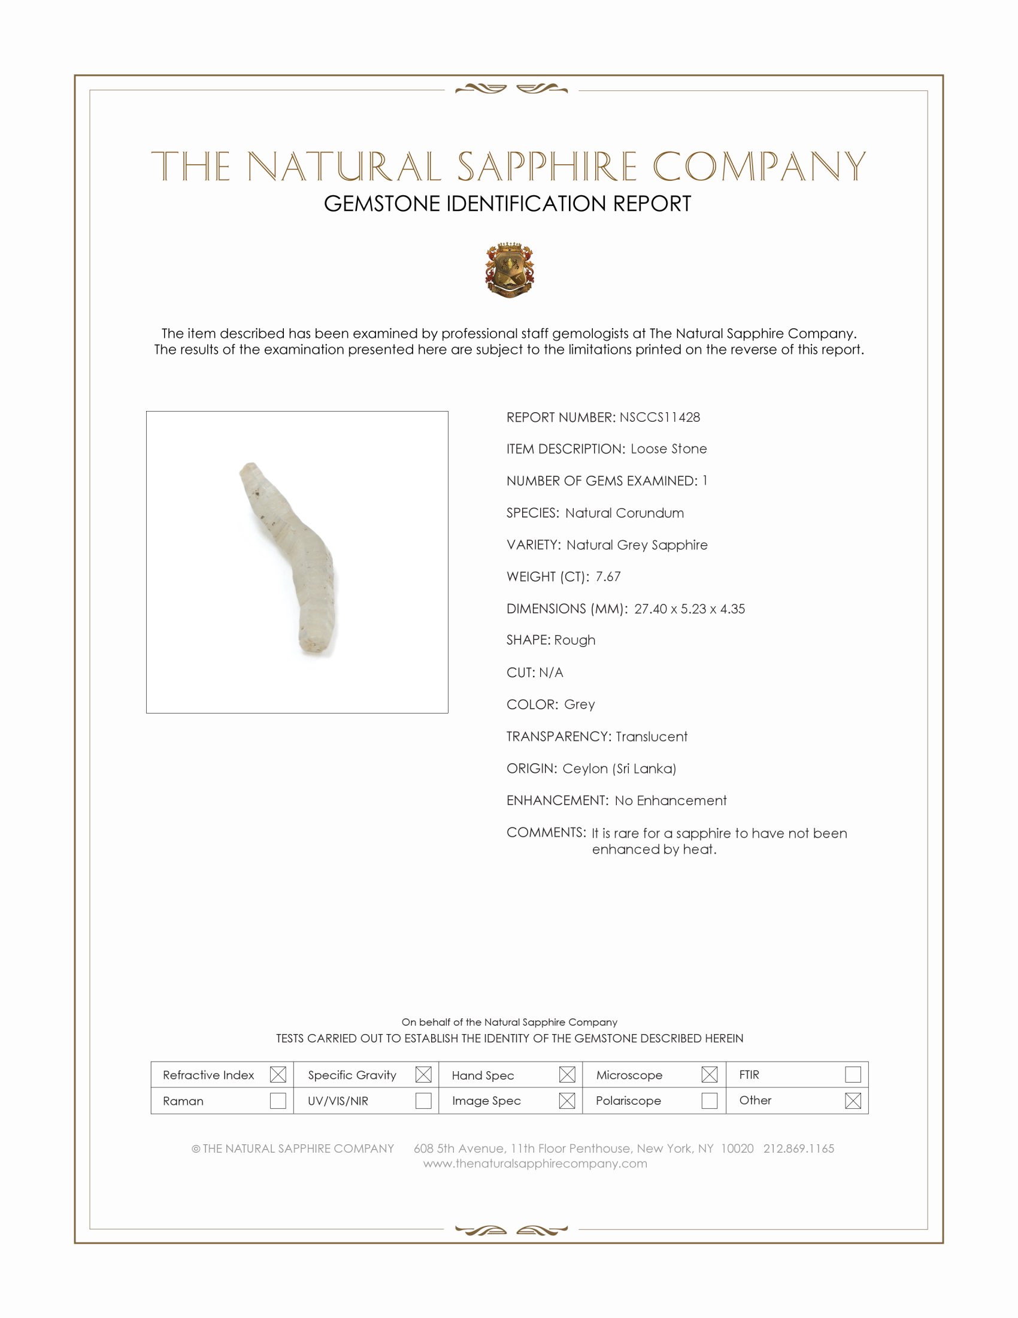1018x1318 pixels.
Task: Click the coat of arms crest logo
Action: coord(510,270)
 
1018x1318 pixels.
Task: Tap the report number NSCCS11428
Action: coord(659,418)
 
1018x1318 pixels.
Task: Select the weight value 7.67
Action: coord(608,577)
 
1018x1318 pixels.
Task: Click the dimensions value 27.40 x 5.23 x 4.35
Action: coord(689,609)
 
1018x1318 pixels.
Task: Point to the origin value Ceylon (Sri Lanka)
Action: coord(619,769)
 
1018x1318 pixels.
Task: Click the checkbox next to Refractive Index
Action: coord(278,1075)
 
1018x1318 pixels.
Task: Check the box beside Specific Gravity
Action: coord(423,1075)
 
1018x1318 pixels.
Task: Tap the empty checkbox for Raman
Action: coord(278,1101)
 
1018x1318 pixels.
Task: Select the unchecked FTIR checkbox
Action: coord(853,1075)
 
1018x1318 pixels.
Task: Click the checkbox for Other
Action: coord(853,1101)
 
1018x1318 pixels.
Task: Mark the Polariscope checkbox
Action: coord(710,1101)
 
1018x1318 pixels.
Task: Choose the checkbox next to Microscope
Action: coord(710,1075)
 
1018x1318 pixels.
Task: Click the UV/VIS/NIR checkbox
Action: coord(423,1101)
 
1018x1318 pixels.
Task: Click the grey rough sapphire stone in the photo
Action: coord(293,555)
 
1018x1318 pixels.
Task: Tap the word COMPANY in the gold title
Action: coord(759,167)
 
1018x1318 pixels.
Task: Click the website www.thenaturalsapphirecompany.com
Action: coord(535,1163)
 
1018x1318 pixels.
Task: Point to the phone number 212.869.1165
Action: coord(798,1148)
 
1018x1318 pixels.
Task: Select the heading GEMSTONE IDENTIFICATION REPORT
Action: coord(507,204)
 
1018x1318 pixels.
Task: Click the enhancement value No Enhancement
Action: coord(671,801)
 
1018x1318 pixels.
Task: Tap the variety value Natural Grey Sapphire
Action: coord(637,545)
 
